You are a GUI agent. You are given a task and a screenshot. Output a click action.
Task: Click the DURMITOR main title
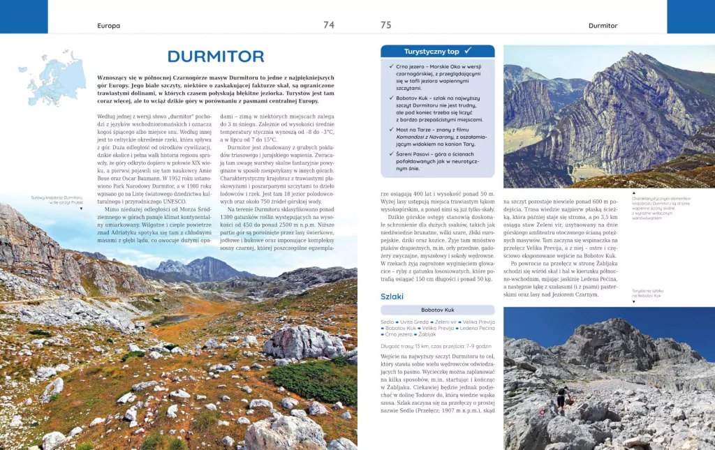[216, 57]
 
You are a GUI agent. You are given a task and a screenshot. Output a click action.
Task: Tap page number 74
[329, 25]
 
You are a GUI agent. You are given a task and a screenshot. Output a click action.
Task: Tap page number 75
[385, 25]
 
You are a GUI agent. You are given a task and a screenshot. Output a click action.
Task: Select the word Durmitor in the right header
[603, 26]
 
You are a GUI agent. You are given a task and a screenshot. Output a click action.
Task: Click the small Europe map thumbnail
[56, 77]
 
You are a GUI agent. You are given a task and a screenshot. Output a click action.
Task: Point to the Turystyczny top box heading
[432, 52]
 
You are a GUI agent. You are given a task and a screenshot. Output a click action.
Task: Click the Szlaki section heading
[392, 297]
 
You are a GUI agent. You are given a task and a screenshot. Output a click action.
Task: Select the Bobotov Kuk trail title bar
[438, 310]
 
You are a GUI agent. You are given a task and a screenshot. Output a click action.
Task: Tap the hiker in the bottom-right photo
[560, 400]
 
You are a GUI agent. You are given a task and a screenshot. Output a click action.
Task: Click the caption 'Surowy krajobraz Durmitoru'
[57, 200]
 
